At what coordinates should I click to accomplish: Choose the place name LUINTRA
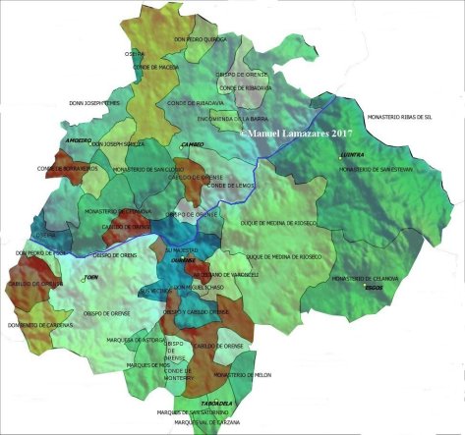352,155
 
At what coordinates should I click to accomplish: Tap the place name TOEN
91,278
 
